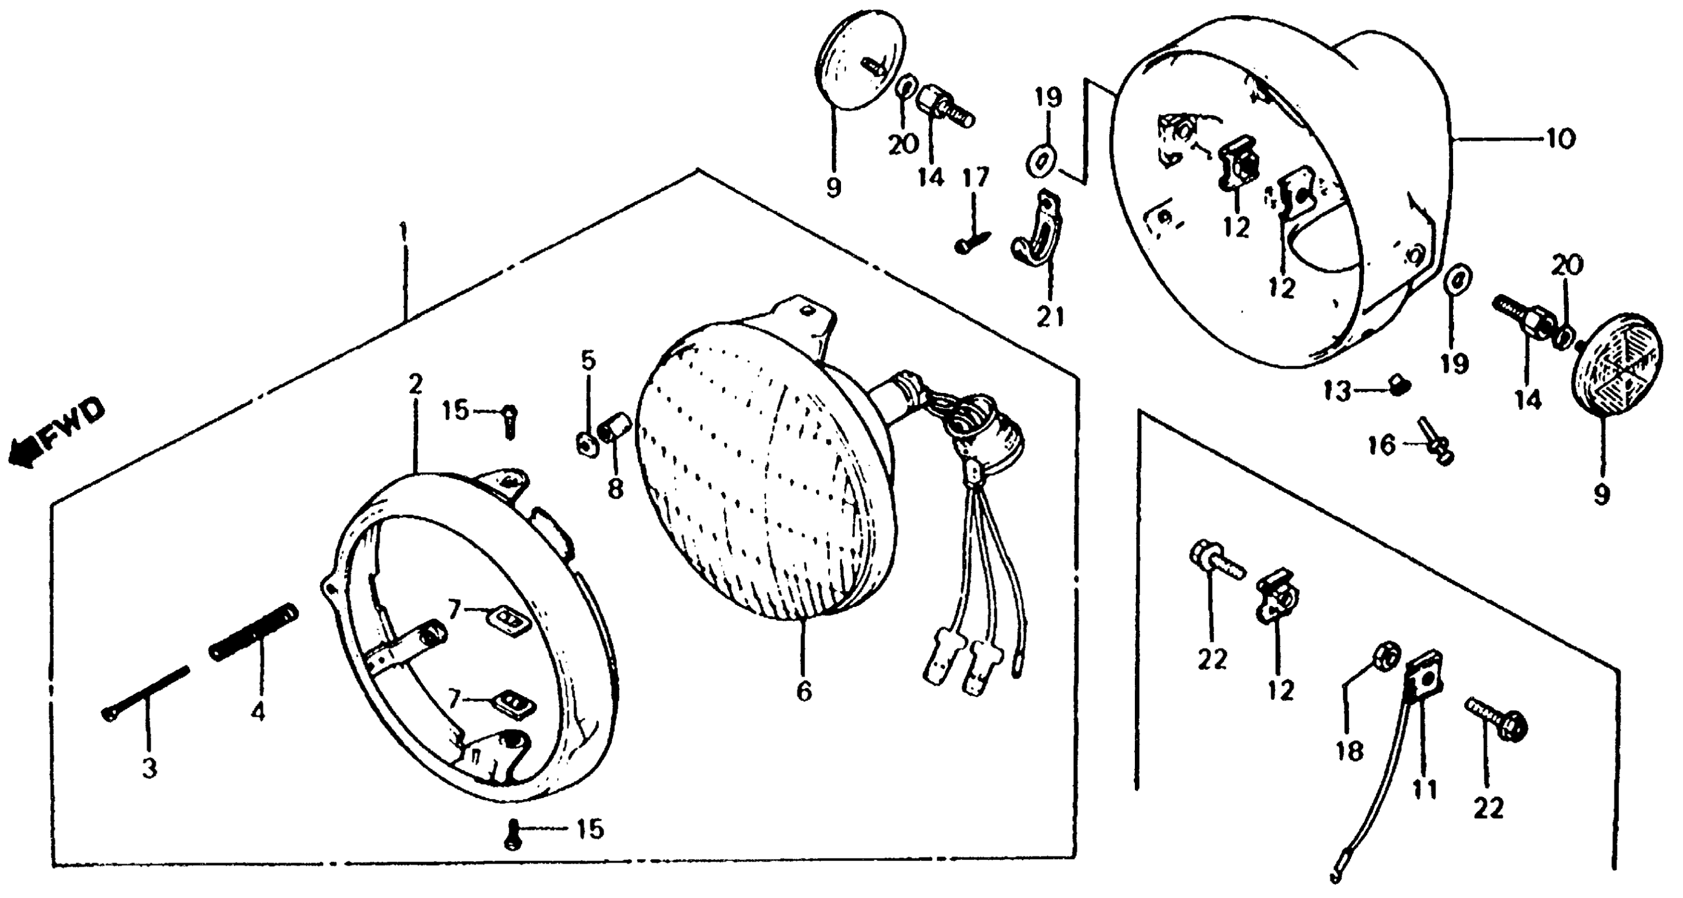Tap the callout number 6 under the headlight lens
[x=803, y=690]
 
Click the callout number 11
[x=1425, y=789]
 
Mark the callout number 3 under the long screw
[x=150, y=768]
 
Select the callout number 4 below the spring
[x=258, y=712]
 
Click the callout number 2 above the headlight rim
[x=415, y=385]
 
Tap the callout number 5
[x=589, y=360]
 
